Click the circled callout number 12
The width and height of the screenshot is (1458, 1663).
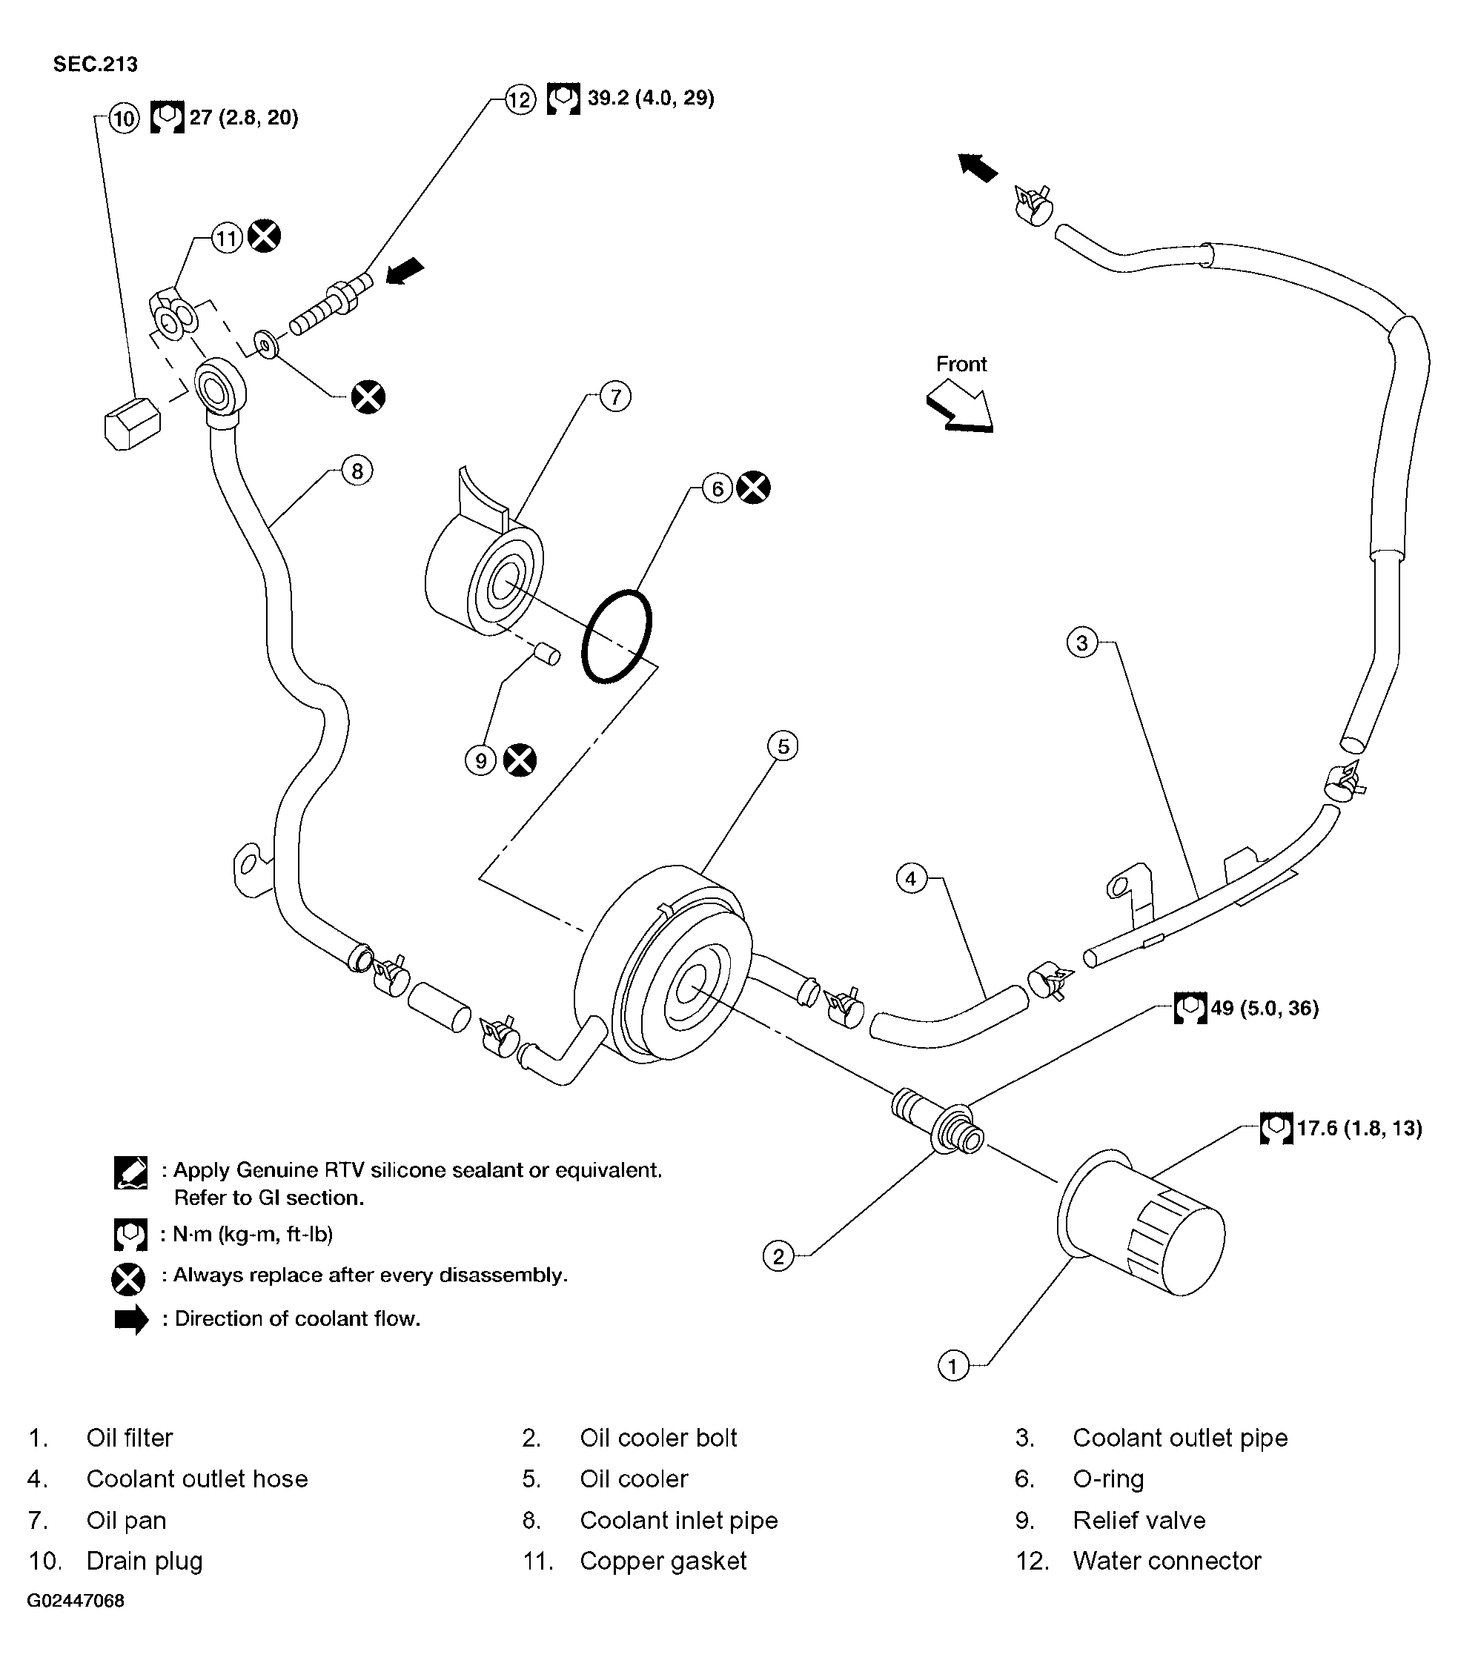(x=520, y=99)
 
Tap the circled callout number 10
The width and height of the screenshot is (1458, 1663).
(x=124, y=119)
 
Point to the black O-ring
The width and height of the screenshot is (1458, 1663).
(x=617, y=637)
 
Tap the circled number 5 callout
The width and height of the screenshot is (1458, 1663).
(x=783, y=746)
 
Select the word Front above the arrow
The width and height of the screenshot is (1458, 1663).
(x=961, y=364)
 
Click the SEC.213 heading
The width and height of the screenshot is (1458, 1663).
(x=95, y=64)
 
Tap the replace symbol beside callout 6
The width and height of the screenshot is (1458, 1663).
(x=753, y=488)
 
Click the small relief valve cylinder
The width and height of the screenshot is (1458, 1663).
(x=546, y=654)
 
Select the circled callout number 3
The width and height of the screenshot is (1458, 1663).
(x=1082, y=643)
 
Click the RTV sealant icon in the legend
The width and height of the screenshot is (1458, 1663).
(x=131, y=1172)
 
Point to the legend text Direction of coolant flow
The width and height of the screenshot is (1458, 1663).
(x=298, y=1318)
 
